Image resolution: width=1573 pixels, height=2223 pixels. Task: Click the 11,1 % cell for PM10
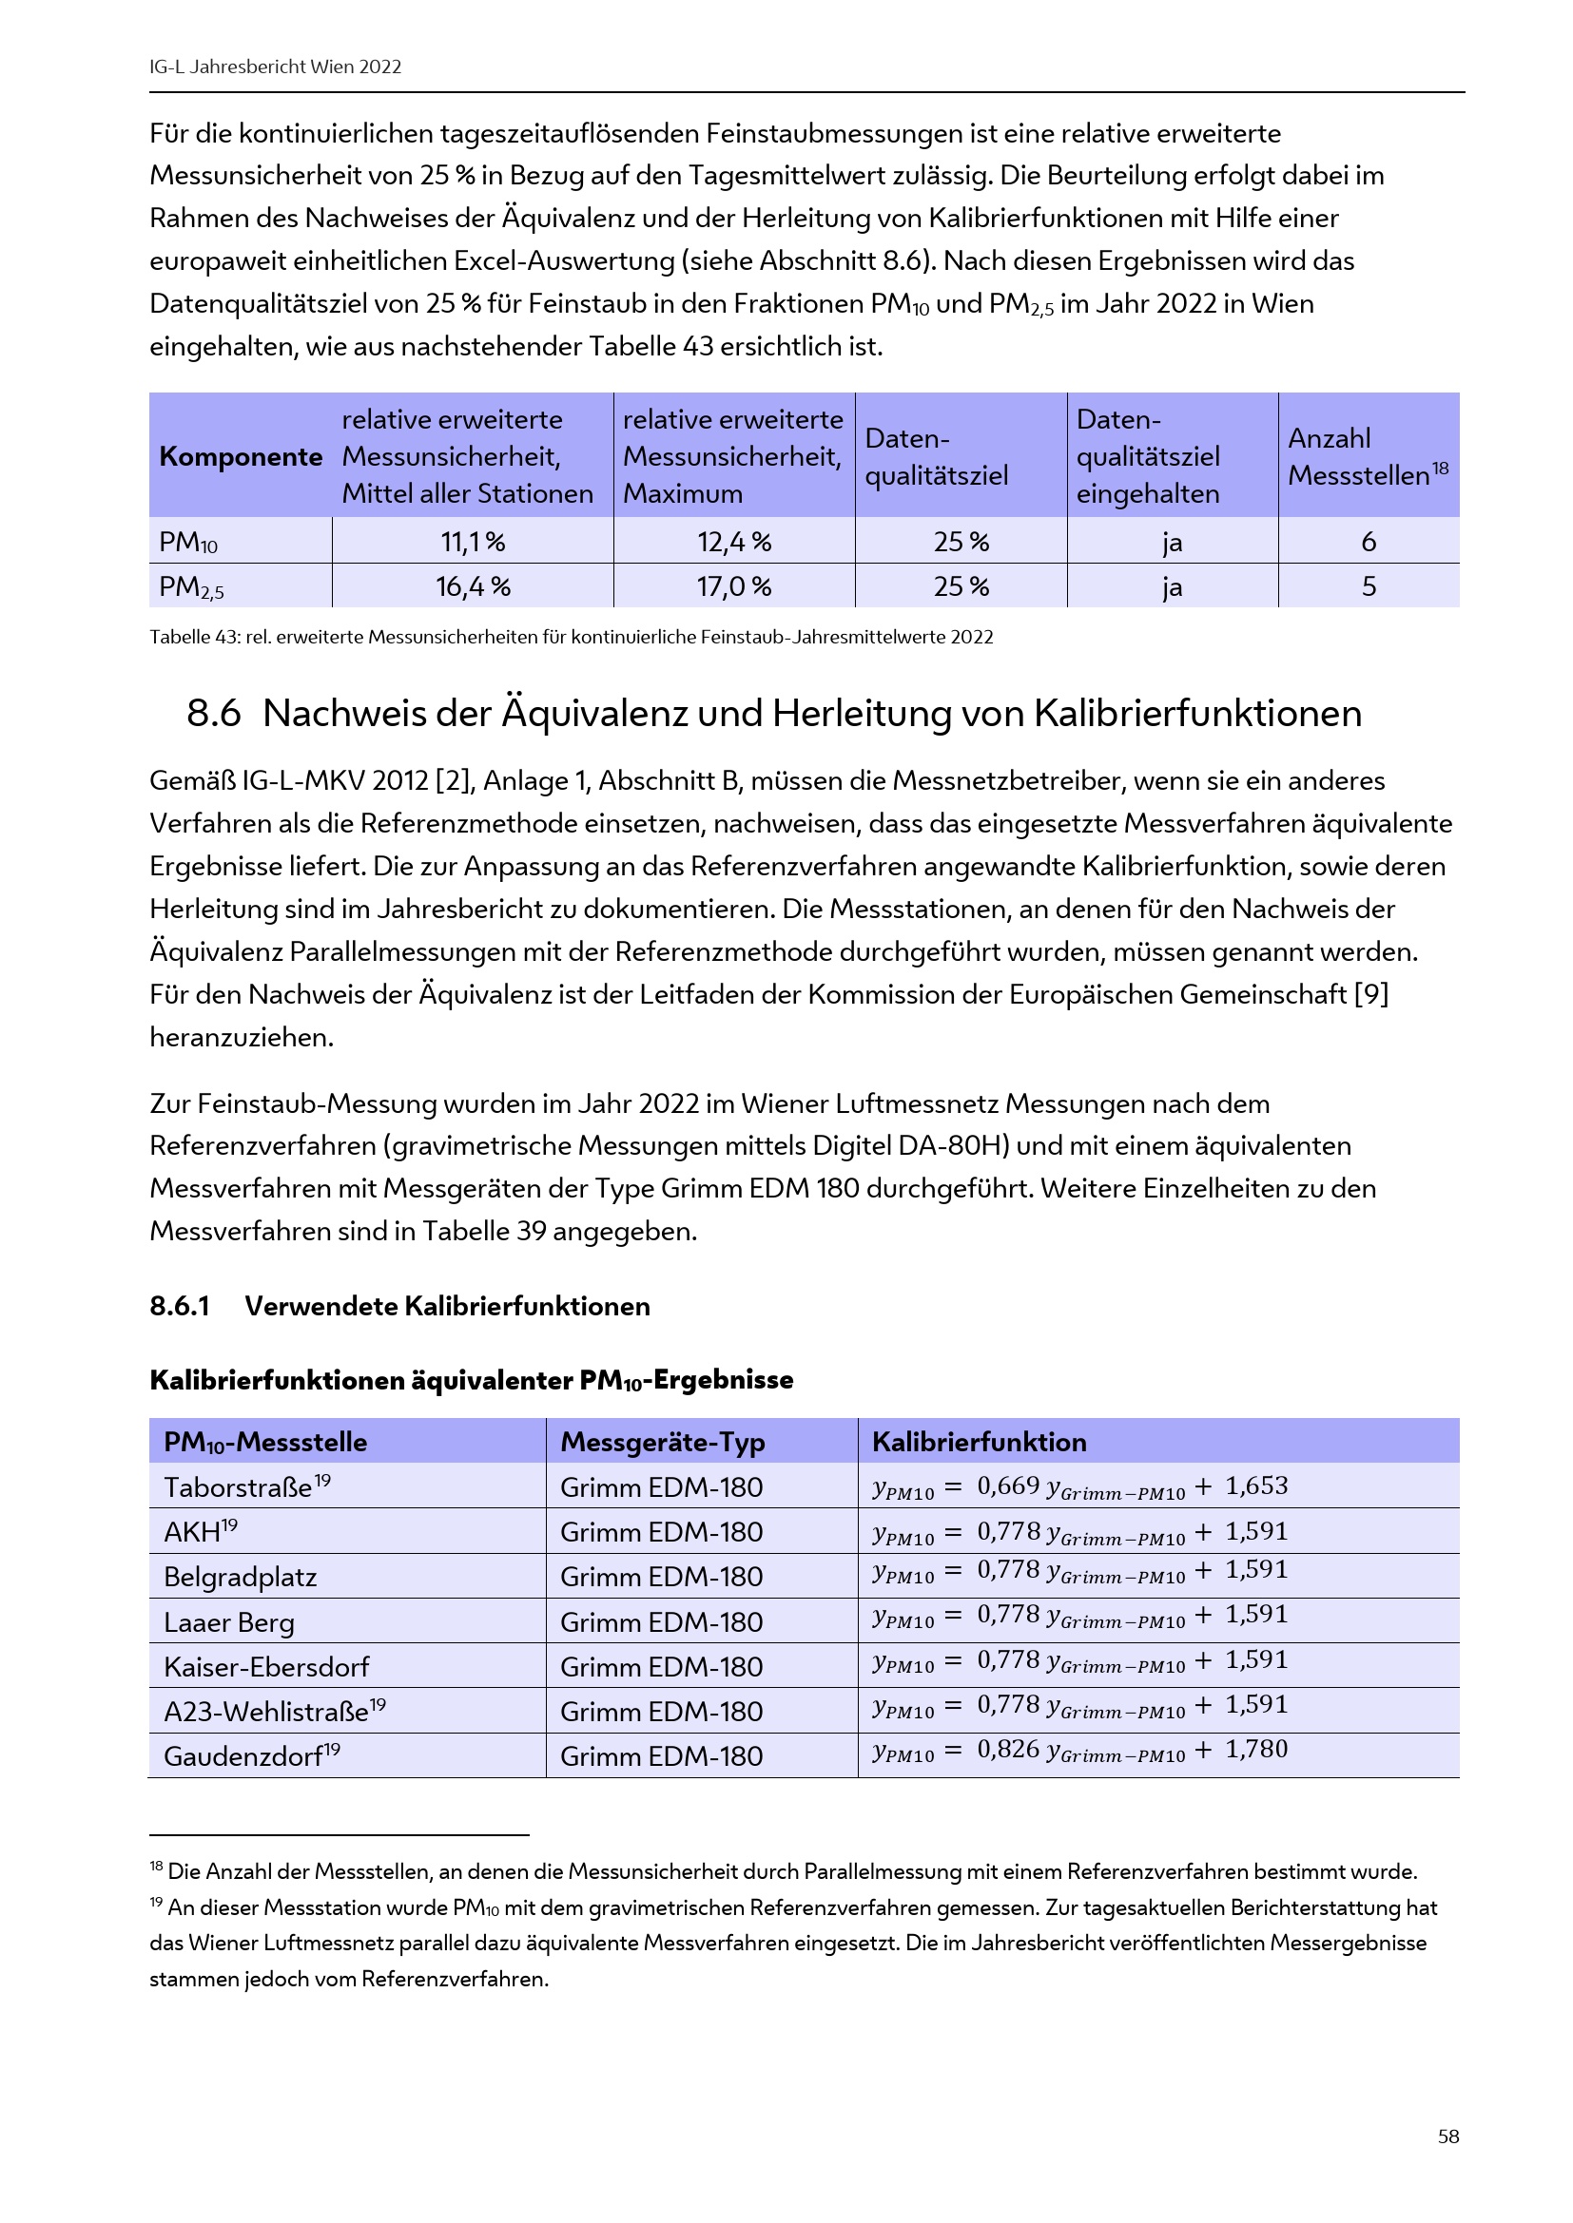point(473,541)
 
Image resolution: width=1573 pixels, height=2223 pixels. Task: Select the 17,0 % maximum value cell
point(734,585)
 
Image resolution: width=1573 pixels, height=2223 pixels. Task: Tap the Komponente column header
point(241,456)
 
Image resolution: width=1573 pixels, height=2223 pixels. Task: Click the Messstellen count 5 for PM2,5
point(1369,585)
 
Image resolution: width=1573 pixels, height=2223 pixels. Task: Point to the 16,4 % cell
point(473,585)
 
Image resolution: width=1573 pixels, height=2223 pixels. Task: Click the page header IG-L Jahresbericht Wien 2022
point(275,67)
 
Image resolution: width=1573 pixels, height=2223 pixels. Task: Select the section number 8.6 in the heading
point(213,714)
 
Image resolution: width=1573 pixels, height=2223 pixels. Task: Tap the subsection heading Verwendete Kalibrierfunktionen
point(447,1306)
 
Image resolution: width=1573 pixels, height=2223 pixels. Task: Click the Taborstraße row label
point(239,1487)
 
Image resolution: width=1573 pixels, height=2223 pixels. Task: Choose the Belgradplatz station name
point(241,1578)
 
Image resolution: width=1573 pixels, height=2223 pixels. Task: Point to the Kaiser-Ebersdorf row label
point(266,1667)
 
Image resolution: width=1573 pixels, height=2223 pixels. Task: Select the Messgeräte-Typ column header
point(663,1442)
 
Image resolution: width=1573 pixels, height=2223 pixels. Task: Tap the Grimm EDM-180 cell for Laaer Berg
point(662,1621)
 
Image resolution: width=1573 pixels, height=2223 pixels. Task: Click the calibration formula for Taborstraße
point(1079,1487)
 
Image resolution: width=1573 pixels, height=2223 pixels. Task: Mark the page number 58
point(1448,2136)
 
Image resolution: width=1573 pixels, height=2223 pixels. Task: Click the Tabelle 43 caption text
point(571,637)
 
